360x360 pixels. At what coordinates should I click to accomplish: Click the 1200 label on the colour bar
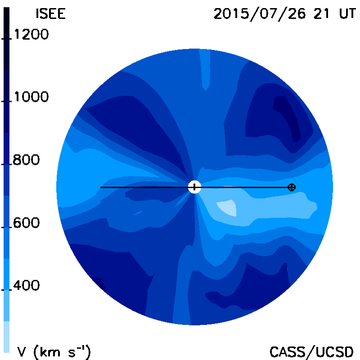[31, 35]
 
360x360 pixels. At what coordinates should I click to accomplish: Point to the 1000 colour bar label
[31, 97]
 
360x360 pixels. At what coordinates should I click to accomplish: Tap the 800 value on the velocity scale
[26, 160]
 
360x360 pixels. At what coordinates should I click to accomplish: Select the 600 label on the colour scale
[26, 223]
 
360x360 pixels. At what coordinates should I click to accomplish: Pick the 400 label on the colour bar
[26, 285]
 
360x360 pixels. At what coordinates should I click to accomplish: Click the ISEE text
[50, 14]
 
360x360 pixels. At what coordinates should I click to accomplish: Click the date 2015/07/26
[260, 14]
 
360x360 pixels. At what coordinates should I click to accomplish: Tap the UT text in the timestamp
[347, 13]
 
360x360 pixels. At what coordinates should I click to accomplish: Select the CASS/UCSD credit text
[311, 352]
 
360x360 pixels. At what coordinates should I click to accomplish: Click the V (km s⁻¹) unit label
[54, 352]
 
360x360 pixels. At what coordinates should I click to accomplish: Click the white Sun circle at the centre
[194, 187]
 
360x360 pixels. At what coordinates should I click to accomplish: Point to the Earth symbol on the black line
[292, 187]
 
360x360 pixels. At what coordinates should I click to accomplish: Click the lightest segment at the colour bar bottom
[7, 337]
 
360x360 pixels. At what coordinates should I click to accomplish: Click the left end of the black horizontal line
[100, 187]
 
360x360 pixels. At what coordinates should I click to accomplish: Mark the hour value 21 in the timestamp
[321, 13]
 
